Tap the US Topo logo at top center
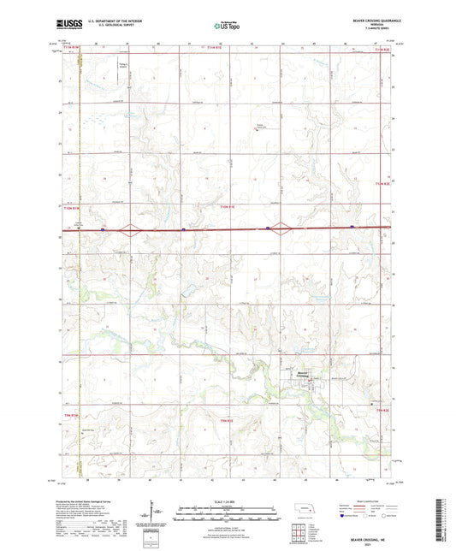point(226,26)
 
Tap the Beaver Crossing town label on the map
point(304,373)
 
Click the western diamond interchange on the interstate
point(128,228)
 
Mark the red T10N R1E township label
point(226,206)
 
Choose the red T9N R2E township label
point(383,412)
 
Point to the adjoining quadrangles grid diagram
point(299,530)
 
